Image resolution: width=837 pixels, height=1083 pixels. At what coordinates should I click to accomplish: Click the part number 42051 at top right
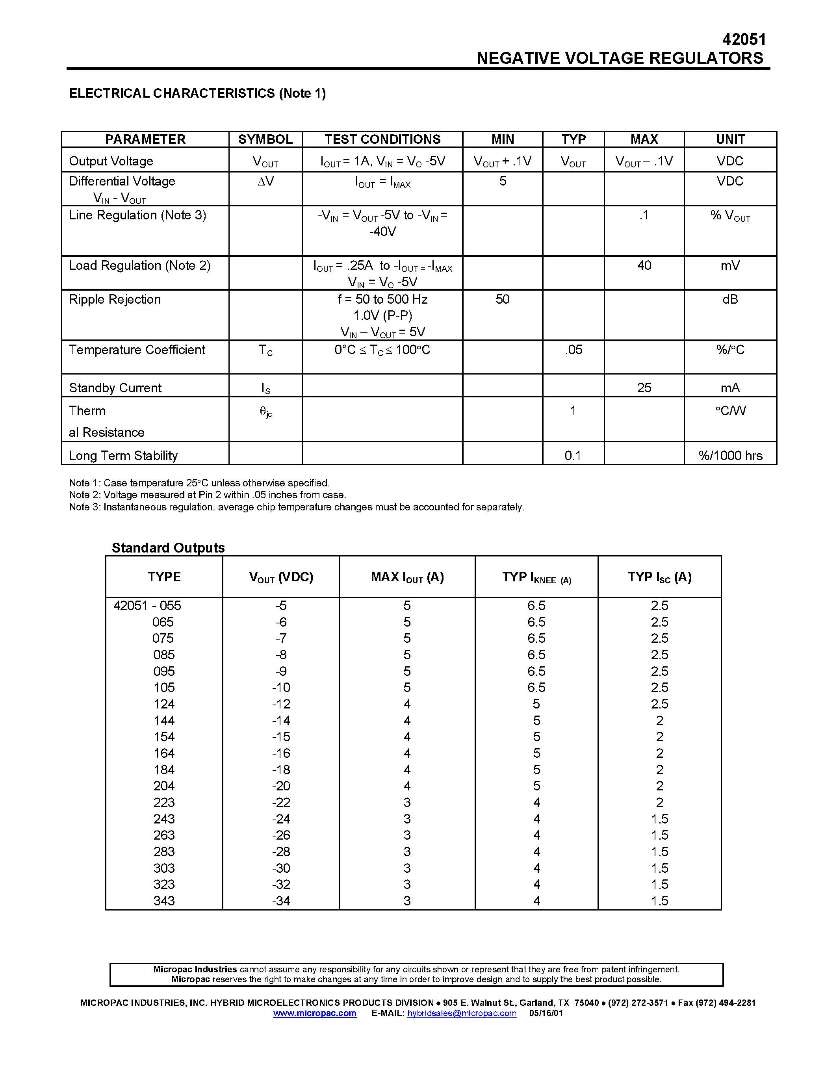tap(744, 40)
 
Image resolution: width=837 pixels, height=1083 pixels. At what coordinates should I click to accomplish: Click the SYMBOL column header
tap(265, 139)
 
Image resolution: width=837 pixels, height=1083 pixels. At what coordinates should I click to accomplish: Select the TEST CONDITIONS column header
tap(382, 139)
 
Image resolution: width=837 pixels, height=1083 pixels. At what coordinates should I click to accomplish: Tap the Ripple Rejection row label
tap(115, 300)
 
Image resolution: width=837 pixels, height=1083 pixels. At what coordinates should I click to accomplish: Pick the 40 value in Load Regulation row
tap(644, 266)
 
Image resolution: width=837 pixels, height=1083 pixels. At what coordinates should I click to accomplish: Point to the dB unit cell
tap(730, 300)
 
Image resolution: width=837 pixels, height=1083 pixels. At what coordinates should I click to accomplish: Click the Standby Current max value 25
tap(644, 388)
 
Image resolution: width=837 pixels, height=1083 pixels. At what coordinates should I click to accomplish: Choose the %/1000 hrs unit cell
tap(730, 456)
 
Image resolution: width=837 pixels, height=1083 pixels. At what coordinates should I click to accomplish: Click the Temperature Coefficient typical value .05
tap(573, 350)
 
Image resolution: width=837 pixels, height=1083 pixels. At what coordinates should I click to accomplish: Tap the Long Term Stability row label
tap(123, 456)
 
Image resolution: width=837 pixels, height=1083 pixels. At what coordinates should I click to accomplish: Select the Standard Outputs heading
tap(168, 548)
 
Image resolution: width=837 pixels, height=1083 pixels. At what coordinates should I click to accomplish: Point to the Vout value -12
tap(281, 704)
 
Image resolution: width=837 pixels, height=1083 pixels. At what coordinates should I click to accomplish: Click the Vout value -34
tap(281, 901)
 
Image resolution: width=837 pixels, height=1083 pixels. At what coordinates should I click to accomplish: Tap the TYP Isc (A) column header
tap(659, 577)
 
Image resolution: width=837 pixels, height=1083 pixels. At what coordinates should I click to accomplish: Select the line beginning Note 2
tap(207, 495)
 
